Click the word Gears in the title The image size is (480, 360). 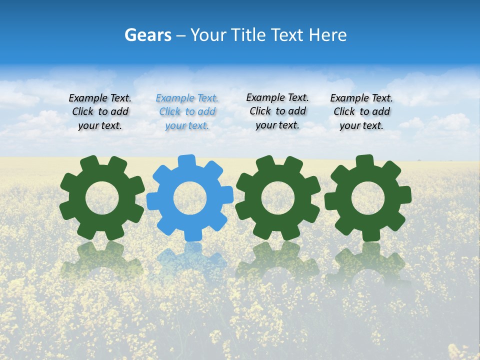tap(148, 35)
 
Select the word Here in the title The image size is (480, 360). tap(327, 35)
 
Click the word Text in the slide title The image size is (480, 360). tap(288, 35)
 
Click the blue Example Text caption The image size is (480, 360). tap(187, 112)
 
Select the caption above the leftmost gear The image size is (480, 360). tap(100, 112)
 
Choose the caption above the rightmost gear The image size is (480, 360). tap(361, 112)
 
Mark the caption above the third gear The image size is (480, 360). tap(277, 111)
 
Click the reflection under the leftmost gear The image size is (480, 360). tap(102, 260)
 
